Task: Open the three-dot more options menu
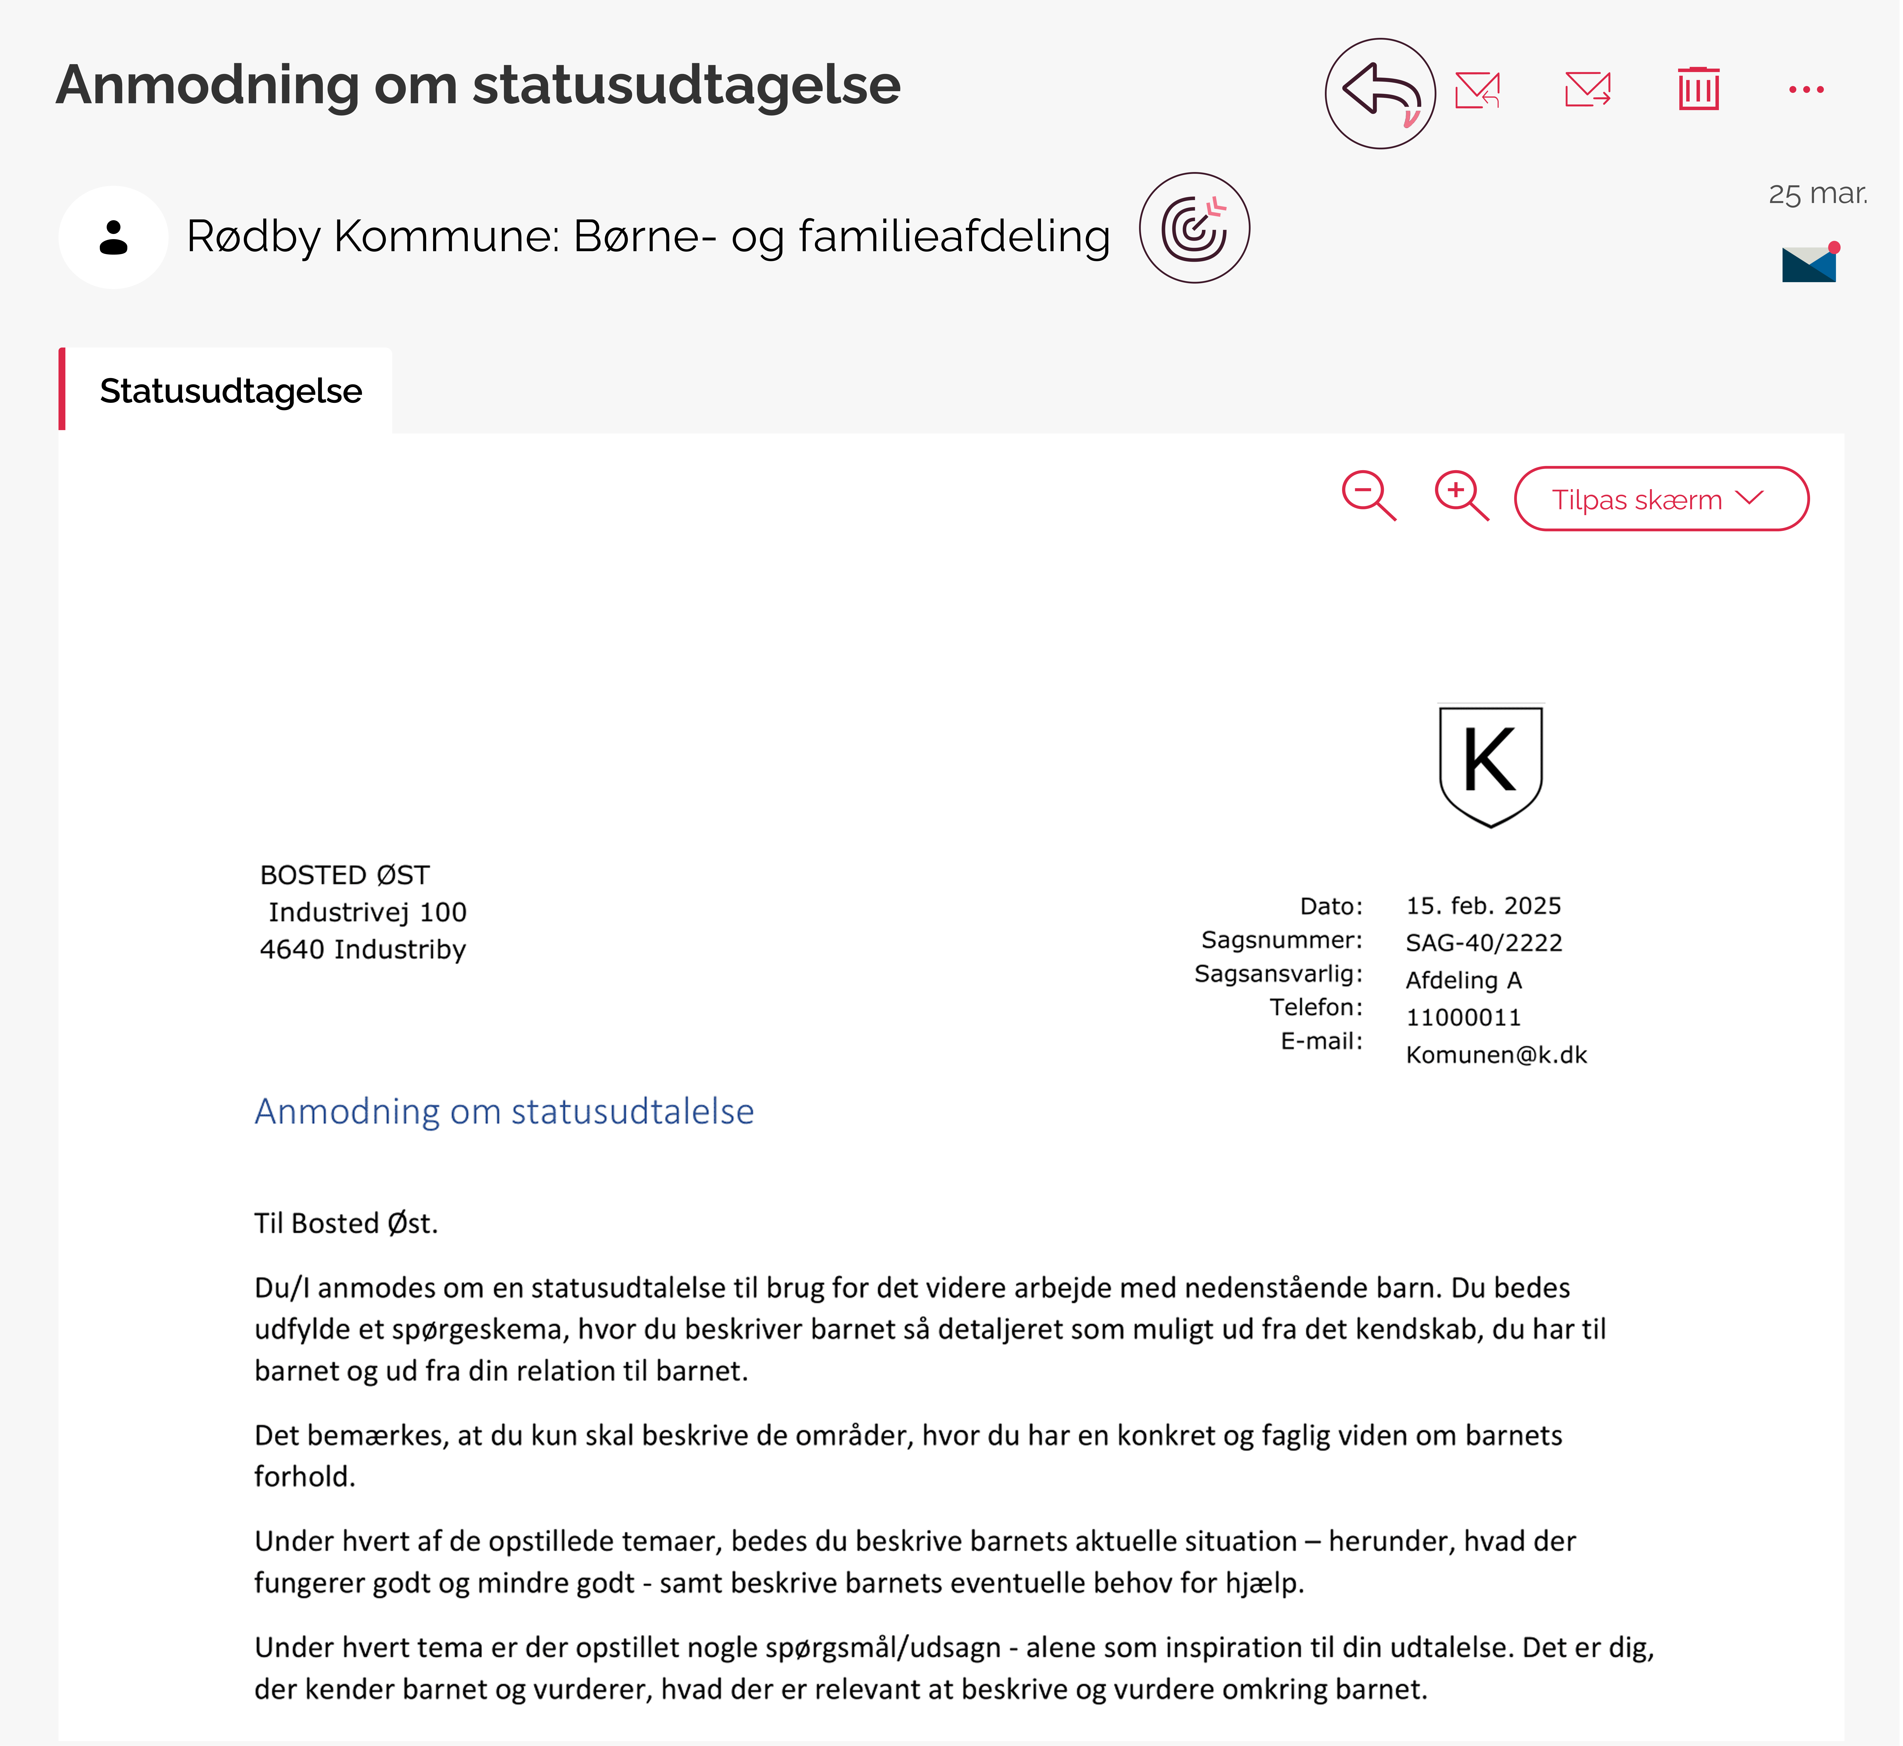(x=1806, y=90)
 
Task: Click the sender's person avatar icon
(x=113, y=237)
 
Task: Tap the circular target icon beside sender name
(x=1194, y=228)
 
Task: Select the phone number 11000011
(x=1463, y=1018)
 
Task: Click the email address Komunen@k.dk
(x=1496, y=1054)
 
